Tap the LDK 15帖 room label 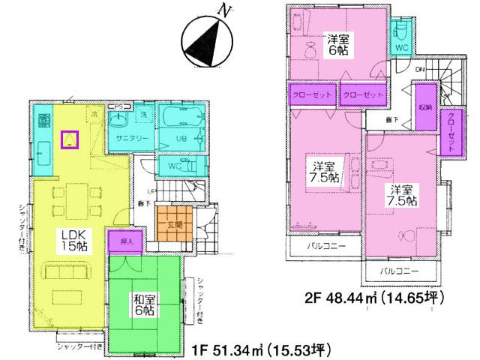pyautogui.click(x=73, y=239)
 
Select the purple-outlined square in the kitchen pyautogui.click(x=70, y=139)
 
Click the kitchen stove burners pyautogui.click(x=43, y=119)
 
